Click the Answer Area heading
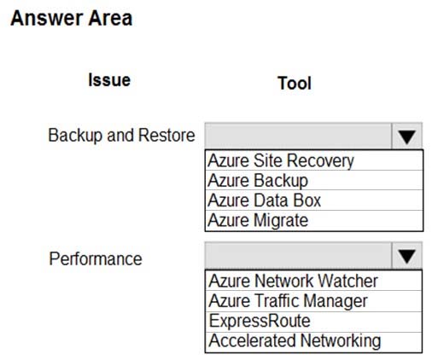72,19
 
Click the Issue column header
109,80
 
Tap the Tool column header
295,84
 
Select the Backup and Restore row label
121,136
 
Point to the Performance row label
96,259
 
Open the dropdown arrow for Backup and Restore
407,136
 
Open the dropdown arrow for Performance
407,255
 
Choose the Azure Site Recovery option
281,160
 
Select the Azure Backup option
258,181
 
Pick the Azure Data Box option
265,200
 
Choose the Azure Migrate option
258,220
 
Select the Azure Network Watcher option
293,281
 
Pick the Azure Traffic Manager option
288,301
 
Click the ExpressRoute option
260,321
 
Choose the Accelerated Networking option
295,341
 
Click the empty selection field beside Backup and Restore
298,136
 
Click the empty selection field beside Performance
298,255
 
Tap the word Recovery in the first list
320,160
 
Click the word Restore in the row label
166,136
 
